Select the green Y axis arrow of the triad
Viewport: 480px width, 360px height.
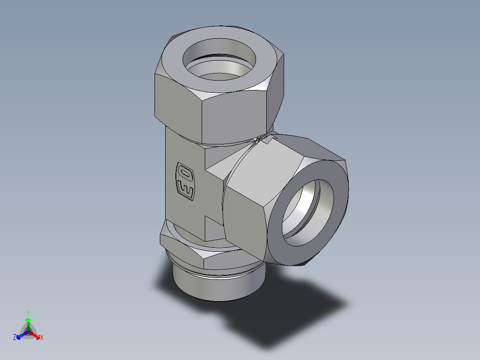28,320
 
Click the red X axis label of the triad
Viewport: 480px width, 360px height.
42,338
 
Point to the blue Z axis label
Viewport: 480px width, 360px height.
15,338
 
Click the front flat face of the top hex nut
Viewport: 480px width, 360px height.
236,116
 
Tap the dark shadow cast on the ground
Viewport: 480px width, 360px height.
289,307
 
